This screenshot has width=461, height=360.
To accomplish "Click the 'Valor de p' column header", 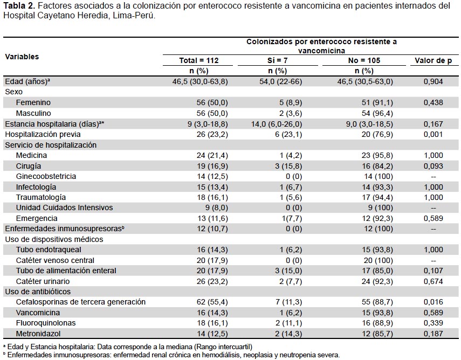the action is point(433,60).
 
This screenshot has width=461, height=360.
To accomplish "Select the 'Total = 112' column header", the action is point(199,60).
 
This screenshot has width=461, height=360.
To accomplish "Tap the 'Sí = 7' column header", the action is point(277,60).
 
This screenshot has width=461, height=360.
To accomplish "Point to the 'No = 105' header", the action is point(364,60).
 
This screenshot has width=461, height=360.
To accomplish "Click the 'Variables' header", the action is point(22,57).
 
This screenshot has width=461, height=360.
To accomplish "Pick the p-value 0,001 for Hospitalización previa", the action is point(433,134).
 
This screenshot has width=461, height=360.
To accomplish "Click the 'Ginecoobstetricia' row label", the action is point(46,176).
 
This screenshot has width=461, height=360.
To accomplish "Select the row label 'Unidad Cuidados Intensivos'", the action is point(64,207).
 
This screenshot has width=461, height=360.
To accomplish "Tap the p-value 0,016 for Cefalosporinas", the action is point(433,302).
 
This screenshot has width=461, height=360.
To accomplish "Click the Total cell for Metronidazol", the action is point(212,334).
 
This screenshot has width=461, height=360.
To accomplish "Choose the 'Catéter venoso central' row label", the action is point(55,260).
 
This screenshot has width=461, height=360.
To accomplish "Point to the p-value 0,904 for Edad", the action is point(433,81).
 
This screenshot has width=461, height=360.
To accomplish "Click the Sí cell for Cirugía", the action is point(288,166).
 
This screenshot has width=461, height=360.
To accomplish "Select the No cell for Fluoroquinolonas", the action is point(377,323).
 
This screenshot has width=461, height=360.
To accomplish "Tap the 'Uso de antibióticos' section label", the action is point(38,292).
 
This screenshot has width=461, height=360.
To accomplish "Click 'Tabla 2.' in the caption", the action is point(19,5).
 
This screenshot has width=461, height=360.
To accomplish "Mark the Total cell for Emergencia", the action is point(212,218).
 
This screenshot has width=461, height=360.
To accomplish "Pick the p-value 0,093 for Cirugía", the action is point(433,166).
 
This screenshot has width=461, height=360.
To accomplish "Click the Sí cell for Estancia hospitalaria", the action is point(277,124).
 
